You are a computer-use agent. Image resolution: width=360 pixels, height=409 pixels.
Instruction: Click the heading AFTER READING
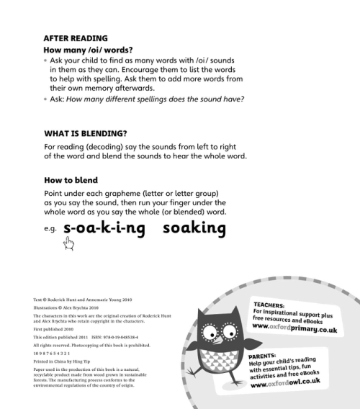76,38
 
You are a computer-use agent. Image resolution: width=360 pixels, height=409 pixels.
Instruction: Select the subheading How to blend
71,180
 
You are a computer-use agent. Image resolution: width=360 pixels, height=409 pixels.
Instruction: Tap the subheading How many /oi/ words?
87,50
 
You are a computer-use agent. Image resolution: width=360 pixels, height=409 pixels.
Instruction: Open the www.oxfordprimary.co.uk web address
296,325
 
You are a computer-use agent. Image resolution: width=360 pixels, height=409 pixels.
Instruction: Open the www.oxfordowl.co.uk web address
295,383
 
